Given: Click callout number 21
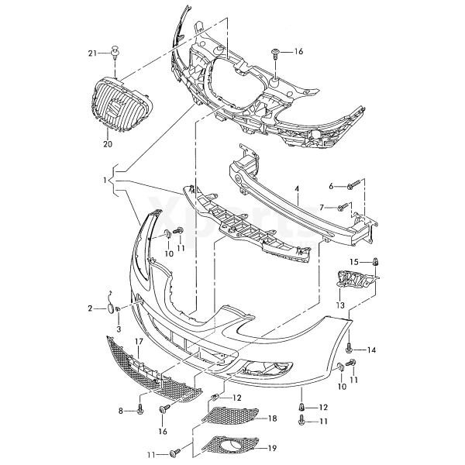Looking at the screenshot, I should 92,53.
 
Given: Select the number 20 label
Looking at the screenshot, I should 108,143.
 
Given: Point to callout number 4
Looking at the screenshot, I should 296,188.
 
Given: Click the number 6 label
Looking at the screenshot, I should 330,186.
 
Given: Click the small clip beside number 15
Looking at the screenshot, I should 376,261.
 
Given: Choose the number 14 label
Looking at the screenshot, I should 371,350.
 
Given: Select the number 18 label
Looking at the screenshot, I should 272,418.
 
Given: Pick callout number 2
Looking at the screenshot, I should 91,308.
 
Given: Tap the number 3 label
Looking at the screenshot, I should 119,329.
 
